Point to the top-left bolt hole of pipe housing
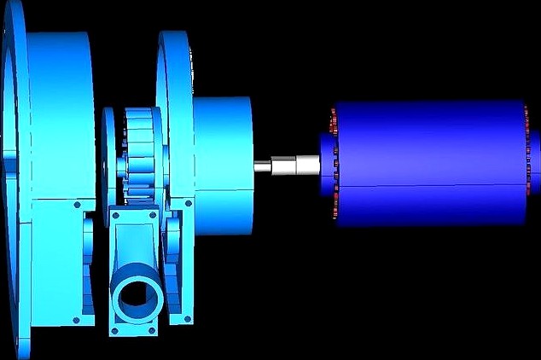coord(113,218)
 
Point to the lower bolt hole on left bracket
coord(77,320)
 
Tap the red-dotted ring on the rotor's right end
coord(526,162)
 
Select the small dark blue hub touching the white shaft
coord(323,162)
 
